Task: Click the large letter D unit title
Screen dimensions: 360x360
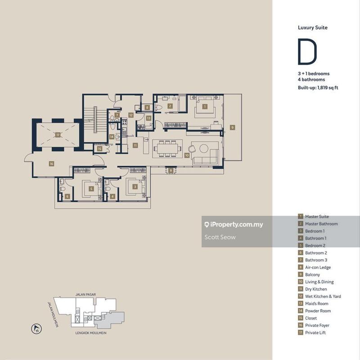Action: tap(306, 53)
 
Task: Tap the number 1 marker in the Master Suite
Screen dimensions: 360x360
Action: tap(205, 107)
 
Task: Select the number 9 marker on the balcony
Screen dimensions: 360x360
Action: tap(232, 128)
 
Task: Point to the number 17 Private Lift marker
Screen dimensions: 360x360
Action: tap(58, 135)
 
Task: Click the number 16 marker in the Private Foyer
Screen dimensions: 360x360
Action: tap(51, 164)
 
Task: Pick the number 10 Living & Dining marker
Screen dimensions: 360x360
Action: tap(187, 155)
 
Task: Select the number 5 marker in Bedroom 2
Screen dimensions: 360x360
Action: tap(91, 189)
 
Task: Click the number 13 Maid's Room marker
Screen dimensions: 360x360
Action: tap(149, 118)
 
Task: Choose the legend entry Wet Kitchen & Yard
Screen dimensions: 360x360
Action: tap(323, 297)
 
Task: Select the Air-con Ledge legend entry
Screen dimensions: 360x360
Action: tap(318, 267)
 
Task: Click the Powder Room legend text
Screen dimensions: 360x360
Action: tap(318, 311)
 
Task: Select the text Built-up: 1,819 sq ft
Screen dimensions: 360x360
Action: tap(318, 87)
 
